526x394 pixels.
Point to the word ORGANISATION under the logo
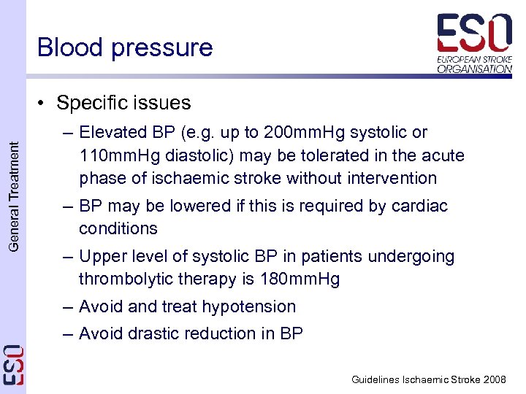475,69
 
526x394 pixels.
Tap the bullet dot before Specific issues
45,103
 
